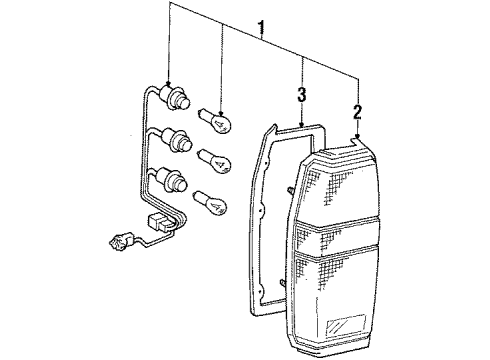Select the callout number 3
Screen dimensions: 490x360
299,96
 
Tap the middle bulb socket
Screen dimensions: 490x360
181,139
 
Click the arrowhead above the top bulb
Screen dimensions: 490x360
221,101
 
